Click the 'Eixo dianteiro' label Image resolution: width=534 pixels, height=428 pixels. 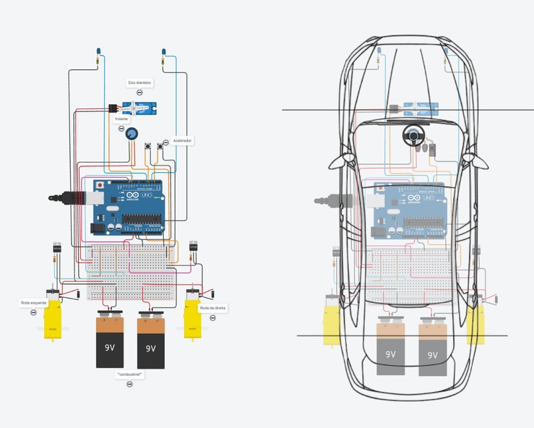click(x=139, y=82)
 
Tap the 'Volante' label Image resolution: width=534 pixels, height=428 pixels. click(x=121, y=119)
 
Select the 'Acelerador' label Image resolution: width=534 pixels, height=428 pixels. click(x=182, y=141)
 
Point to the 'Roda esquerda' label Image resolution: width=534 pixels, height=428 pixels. click(x=33, y=303)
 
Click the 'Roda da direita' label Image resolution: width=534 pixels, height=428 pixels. click(x=214, y=308)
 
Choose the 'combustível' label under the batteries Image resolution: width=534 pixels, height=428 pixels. click(x=130, y=374)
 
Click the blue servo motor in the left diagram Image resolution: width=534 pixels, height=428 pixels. click(x=139, y=109)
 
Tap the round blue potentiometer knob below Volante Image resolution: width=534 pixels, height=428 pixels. click(x=132, y=134)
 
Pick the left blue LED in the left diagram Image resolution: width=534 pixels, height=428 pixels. click(x=98, y=52)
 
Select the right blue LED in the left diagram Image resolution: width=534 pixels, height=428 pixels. click(x=164, y=52)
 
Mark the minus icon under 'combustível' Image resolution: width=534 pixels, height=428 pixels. click(x=130, y=385)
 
